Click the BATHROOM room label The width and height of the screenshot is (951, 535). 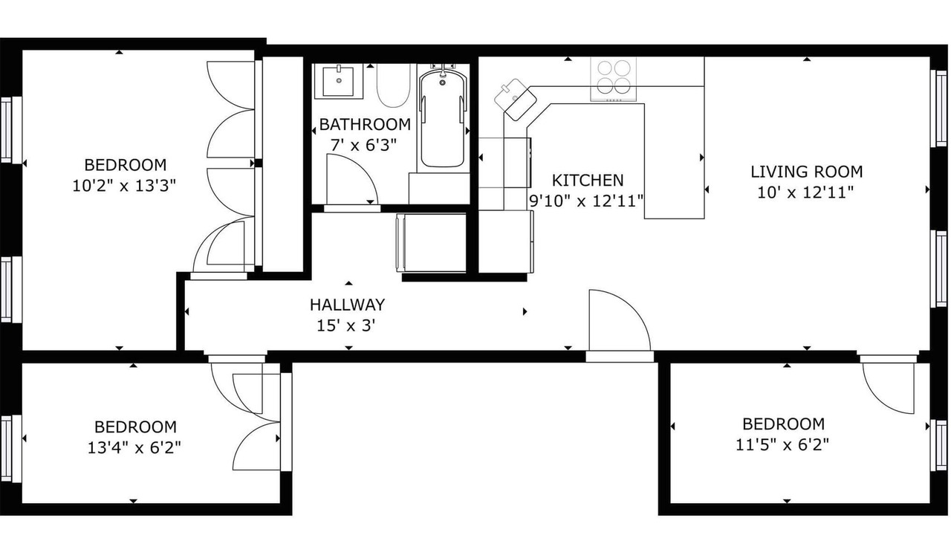tap(365, 124)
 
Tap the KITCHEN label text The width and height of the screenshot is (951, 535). tap(588, 181)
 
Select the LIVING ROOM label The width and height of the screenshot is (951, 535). tap(807, 172)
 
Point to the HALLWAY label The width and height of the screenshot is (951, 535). tap(347, 305)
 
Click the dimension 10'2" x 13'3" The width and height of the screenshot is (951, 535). tap(124, 186)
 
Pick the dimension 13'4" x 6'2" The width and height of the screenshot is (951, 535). tap(134, 447)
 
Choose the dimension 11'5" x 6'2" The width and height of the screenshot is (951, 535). tap(782, 445)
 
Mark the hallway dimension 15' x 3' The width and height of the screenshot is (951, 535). tap(346, 325)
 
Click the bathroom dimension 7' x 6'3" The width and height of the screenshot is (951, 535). tap(363, 146)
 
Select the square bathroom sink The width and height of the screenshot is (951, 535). tap(338, 81)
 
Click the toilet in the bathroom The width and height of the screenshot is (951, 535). tap(394, 85)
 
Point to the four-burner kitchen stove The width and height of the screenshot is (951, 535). tap(614, 80)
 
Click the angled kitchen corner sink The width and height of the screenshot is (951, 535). tap(516, 100)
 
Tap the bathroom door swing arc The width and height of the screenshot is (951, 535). tap(352, 179)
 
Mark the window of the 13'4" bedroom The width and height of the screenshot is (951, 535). tap(11, 449)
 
